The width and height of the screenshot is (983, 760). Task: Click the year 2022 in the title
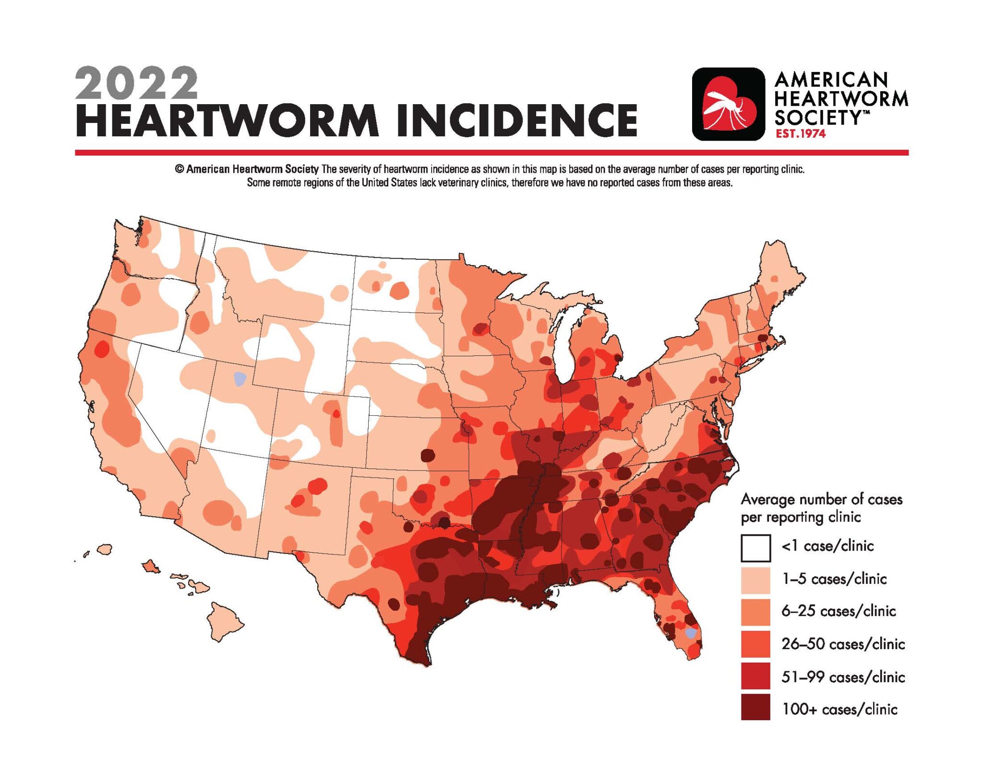136,84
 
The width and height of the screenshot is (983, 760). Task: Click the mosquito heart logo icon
728,104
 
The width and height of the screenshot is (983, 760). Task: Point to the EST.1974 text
800,134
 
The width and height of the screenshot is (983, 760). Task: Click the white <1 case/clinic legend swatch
755,547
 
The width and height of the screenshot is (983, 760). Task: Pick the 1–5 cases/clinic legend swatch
755,580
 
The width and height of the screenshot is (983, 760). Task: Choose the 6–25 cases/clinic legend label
838,611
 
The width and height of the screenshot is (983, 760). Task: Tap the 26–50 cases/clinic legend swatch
755,644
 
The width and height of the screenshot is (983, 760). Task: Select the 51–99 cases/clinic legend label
843,677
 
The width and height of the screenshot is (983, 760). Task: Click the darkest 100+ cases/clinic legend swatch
755,707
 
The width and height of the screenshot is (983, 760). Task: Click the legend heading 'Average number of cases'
821,500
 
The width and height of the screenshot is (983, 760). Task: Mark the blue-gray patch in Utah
240,379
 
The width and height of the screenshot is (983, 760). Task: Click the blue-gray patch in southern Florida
690,633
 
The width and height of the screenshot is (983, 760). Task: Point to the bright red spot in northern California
101,349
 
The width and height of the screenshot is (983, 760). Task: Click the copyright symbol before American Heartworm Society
179,169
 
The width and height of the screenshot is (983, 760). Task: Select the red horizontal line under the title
491,153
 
